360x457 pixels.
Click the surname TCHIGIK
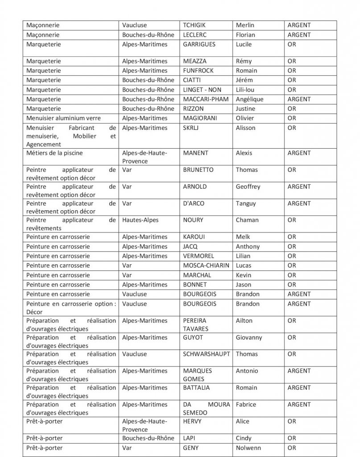click(195, 25)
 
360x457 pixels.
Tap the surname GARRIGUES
click(199, 44)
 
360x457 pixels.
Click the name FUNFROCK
click(198, 71)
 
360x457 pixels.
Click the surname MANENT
click(195, 153)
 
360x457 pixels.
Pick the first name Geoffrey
click(248, 187)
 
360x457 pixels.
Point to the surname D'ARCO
click(193, 204)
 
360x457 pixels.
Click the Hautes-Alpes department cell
click(140, 220)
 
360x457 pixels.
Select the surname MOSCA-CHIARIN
click(206, 266)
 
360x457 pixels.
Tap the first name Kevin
click(244, 275)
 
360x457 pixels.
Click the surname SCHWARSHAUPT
click(207, 354)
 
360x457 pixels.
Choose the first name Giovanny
click(249, 337)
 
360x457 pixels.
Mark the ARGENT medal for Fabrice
click(299, 404)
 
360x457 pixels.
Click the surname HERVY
click(192, 421)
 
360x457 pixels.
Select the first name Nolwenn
click(248, 448)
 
